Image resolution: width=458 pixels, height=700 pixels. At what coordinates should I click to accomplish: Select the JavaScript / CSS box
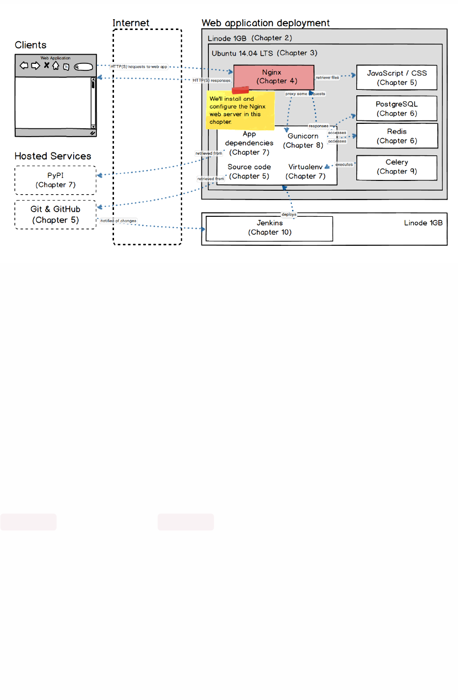tap(397, 78)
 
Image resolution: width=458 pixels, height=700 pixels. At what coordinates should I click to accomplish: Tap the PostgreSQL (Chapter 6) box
tap(397, 109)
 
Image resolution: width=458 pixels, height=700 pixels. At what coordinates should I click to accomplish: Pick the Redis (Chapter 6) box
tap(397, 136)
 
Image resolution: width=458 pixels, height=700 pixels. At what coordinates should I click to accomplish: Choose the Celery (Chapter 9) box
tap(397, 167)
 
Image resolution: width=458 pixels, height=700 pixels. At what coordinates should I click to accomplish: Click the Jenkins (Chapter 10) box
tap(269, 228)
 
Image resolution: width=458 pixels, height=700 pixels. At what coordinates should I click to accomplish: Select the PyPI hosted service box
tap(56, 180)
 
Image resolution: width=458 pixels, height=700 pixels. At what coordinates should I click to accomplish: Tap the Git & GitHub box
tap(56, 215)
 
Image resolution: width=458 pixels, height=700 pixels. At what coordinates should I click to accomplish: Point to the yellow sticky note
tap(240, 111)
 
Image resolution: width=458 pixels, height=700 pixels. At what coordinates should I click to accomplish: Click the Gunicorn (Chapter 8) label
tap(303, 141)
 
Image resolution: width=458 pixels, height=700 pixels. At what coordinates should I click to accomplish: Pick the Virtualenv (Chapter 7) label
tap(305, 172)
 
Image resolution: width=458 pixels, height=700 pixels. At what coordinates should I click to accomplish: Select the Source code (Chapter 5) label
tap(249, 172)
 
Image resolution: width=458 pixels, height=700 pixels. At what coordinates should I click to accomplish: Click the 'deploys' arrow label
tap(289, 214)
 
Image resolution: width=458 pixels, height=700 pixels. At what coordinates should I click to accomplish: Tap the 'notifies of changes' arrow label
tap(118, 221)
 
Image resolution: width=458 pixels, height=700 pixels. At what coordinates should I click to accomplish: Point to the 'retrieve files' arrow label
tap(327, 78)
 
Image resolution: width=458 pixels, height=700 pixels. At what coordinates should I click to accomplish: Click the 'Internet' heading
tap(131, 23)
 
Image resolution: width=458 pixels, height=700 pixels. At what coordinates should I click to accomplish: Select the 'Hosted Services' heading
tap(53, 156)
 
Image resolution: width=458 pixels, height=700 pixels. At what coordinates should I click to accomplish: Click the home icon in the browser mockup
tap(56, 65)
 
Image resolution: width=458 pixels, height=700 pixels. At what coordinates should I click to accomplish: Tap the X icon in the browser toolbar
tap(47, 65)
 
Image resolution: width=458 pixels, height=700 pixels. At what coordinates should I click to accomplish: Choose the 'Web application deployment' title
tap(265, 23)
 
